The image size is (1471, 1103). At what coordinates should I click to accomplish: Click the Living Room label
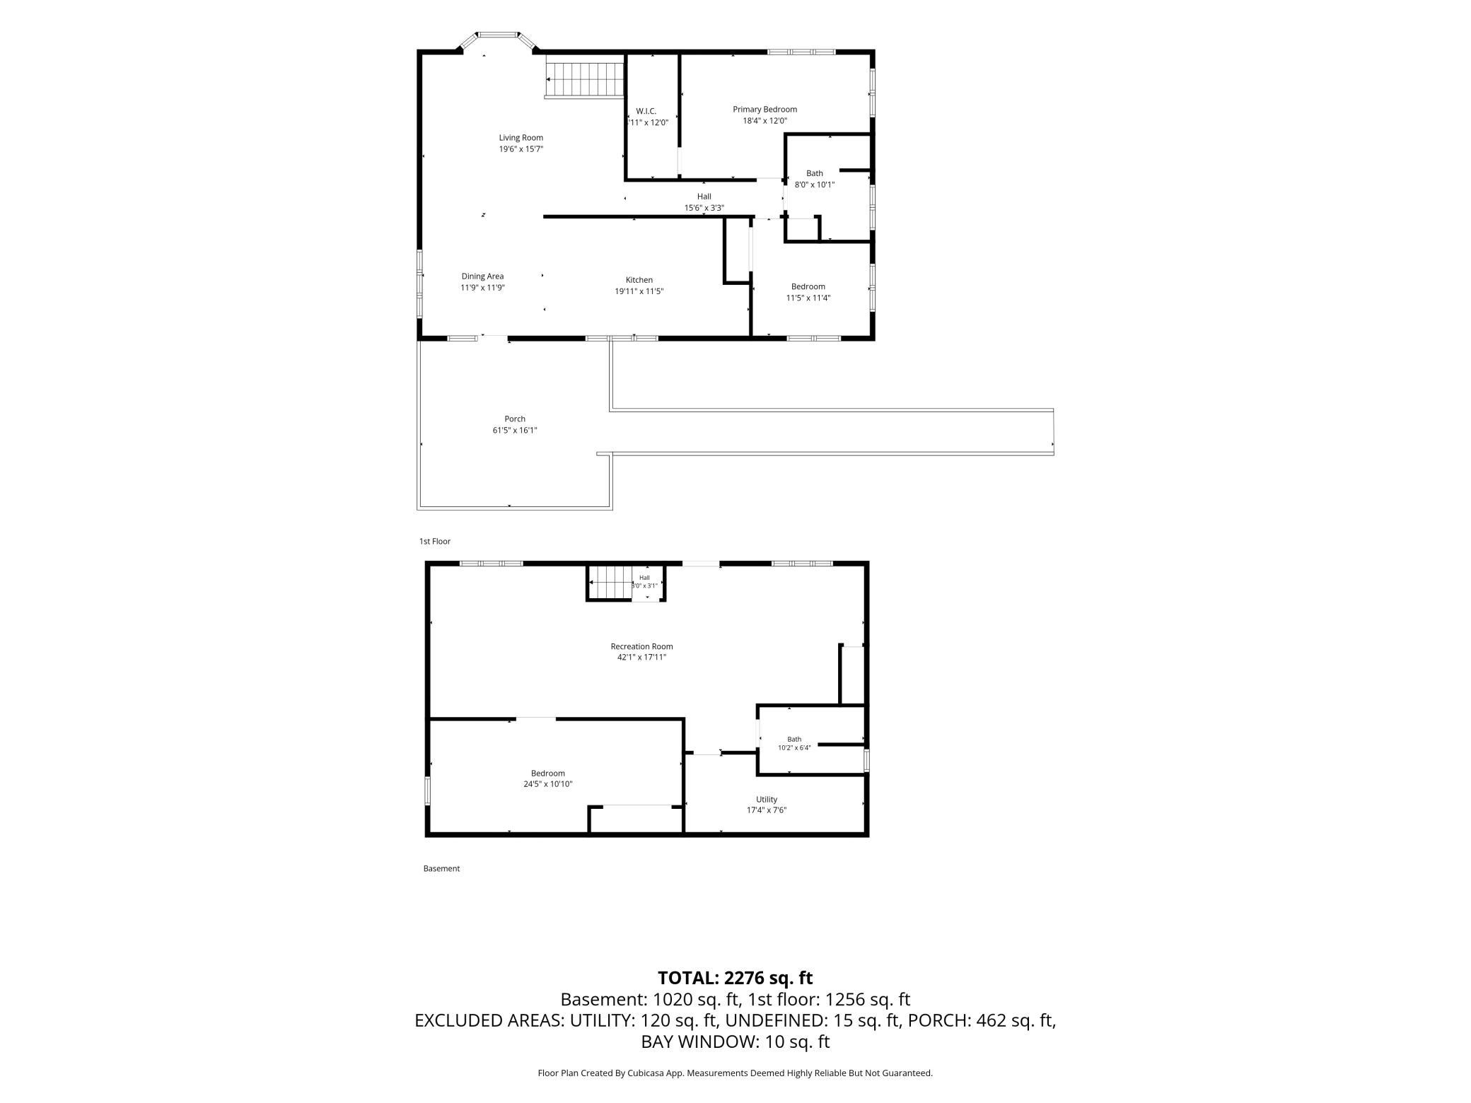click(x=521, y=138)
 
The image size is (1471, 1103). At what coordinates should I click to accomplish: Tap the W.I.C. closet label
click(x=646, y=111)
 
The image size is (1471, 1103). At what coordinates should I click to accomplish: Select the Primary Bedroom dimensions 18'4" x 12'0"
click(x=764, y=121)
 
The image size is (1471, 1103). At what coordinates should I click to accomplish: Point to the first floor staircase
click(x=585, y=79)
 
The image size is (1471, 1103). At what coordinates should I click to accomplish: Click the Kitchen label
click(x=639, y=280)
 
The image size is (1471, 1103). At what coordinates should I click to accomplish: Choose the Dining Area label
click(x=482, y=276)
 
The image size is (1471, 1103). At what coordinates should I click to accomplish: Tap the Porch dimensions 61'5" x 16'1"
click(x=515, y=431)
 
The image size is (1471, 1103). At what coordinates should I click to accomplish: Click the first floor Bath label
click(x=815, y=173)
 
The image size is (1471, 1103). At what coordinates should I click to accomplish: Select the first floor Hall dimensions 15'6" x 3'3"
click(x=704, y=208)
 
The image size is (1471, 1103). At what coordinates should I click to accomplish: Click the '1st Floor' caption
click(x=434, y=542)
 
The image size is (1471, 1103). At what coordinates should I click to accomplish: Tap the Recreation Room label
click(x=641, y=646)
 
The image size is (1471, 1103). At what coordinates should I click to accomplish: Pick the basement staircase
click(x=611, y=583)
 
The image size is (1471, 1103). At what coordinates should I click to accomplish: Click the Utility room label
click(x=767, y=800)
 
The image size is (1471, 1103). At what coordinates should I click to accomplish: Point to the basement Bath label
click(x=794, y=740)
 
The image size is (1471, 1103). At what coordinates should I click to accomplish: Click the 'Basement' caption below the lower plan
click(x=441, y=869)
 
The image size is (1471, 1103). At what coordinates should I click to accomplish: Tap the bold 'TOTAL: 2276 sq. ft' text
click(x=735, y=978)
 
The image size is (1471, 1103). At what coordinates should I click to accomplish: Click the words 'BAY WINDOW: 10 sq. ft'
click(x=735, y=1041)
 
